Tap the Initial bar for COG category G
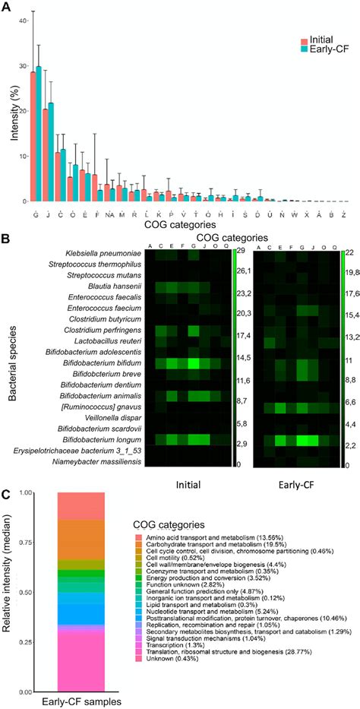[33, 136]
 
